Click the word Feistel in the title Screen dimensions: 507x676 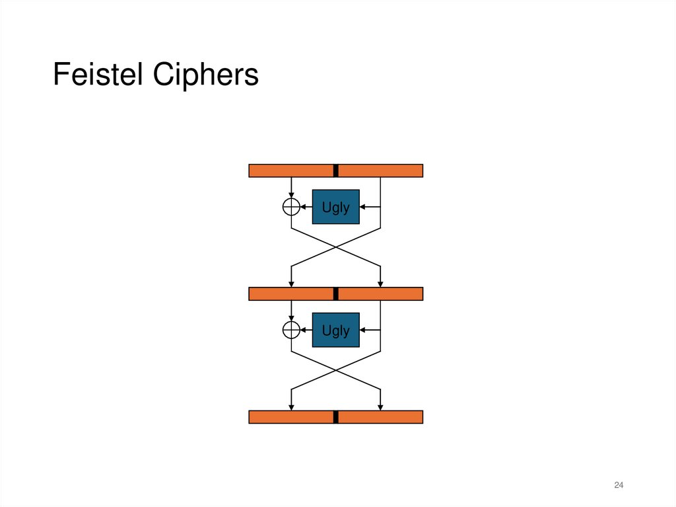point(99,75)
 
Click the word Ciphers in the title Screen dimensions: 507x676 point(206,75)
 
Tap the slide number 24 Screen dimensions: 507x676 point(619,486)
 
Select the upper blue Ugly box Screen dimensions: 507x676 point(335,207)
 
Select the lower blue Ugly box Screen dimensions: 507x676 point(335,330)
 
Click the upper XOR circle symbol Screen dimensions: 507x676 point(291,207)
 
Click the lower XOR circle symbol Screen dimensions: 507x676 point(291,330)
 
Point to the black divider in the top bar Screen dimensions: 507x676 point(335,171)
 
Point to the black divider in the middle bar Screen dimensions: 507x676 point(335,293)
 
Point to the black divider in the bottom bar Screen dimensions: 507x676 point(335,416)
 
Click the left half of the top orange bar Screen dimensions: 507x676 point(290,171)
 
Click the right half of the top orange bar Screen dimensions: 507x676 point(380,171)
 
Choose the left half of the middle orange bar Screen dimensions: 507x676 point(290,293)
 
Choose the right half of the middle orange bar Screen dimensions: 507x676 point(380,293)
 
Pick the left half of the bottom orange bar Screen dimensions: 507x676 point(290,416)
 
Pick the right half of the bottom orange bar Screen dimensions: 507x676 point(380,416)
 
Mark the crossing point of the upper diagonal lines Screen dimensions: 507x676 point(336,248)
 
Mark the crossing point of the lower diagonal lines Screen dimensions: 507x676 point(336,371)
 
